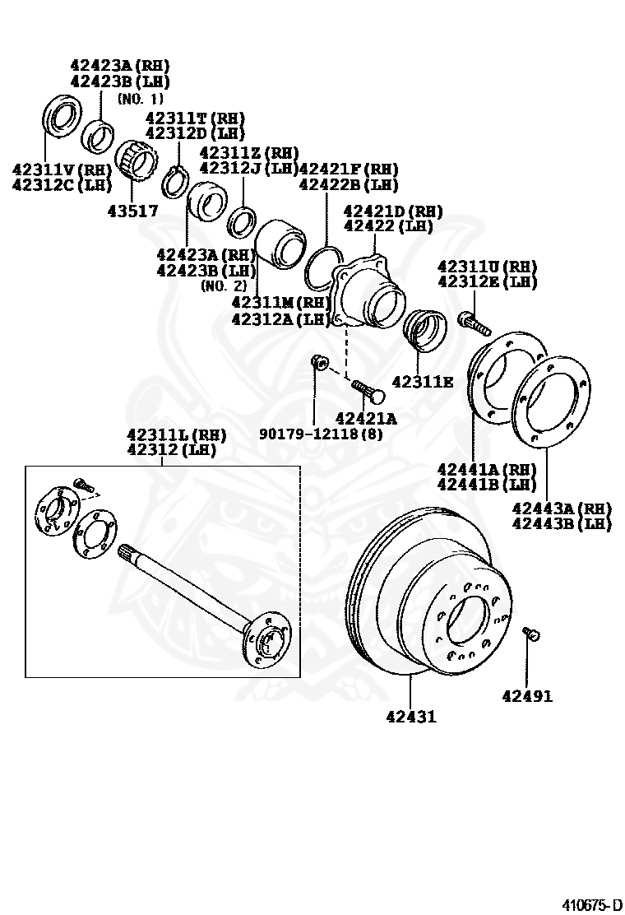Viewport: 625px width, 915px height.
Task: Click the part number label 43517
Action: [x=132, y=211]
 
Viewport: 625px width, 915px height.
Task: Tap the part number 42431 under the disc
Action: [x=410, y=717]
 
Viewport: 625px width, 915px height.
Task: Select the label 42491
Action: [x=527, y=697]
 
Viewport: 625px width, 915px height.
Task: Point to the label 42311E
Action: [x=422, y=382]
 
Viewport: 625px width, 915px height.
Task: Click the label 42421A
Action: [x=366, y=419]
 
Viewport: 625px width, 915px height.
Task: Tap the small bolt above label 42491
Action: [x=530, y=633]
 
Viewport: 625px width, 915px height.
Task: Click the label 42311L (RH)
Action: [x=176, y=434]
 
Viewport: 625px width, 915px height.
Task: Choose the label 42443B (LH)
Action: [x=562, y=523]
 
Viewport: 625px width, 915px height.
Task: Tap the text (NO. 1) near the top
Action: [x=141, y=99]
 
